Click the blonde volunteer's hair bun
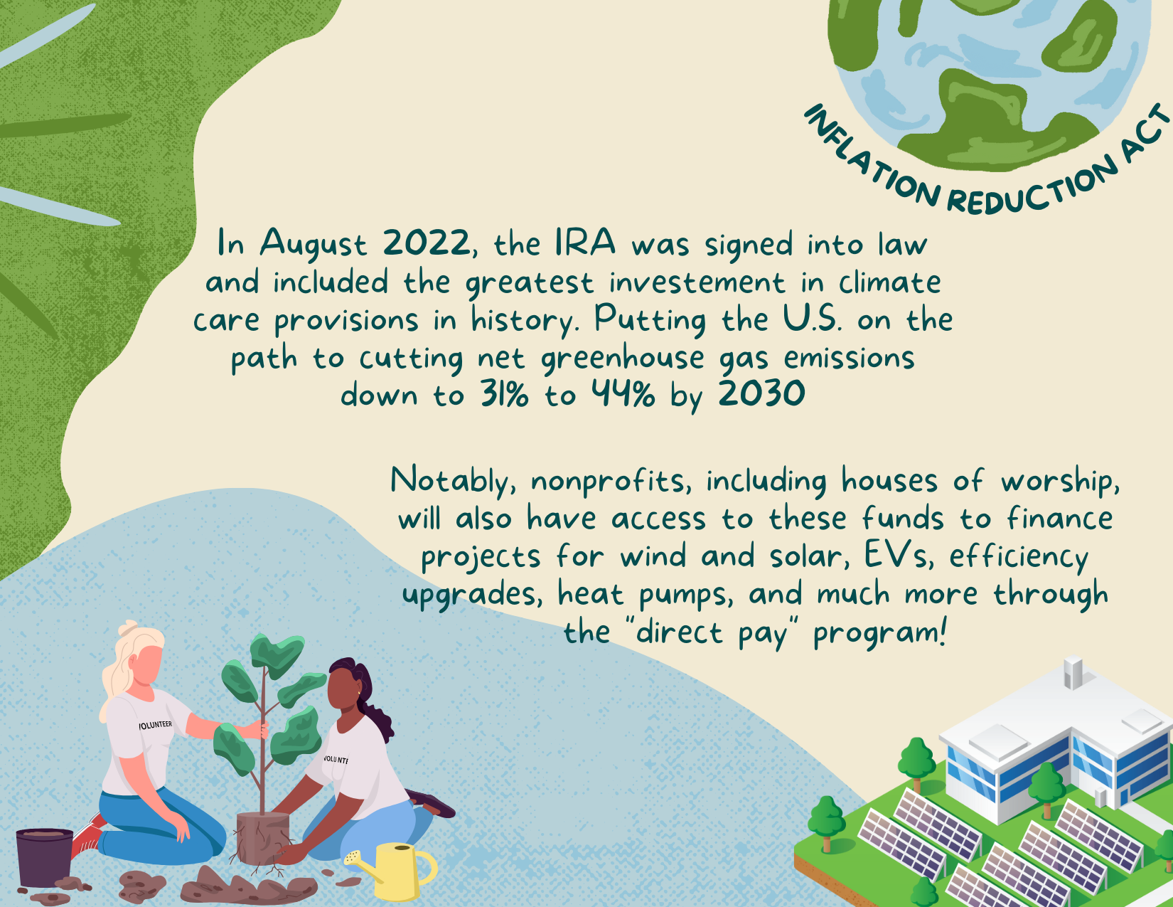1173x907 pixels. point(129,627)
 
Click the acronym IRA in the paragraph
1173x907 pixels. point(585,243)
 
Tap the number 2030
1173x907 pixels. point(761,394)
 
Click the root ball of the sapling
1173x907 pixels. point(263,838)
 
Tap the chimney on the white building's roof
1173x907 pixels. point(1072,672)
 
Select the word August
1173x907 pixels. point(314,244)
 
